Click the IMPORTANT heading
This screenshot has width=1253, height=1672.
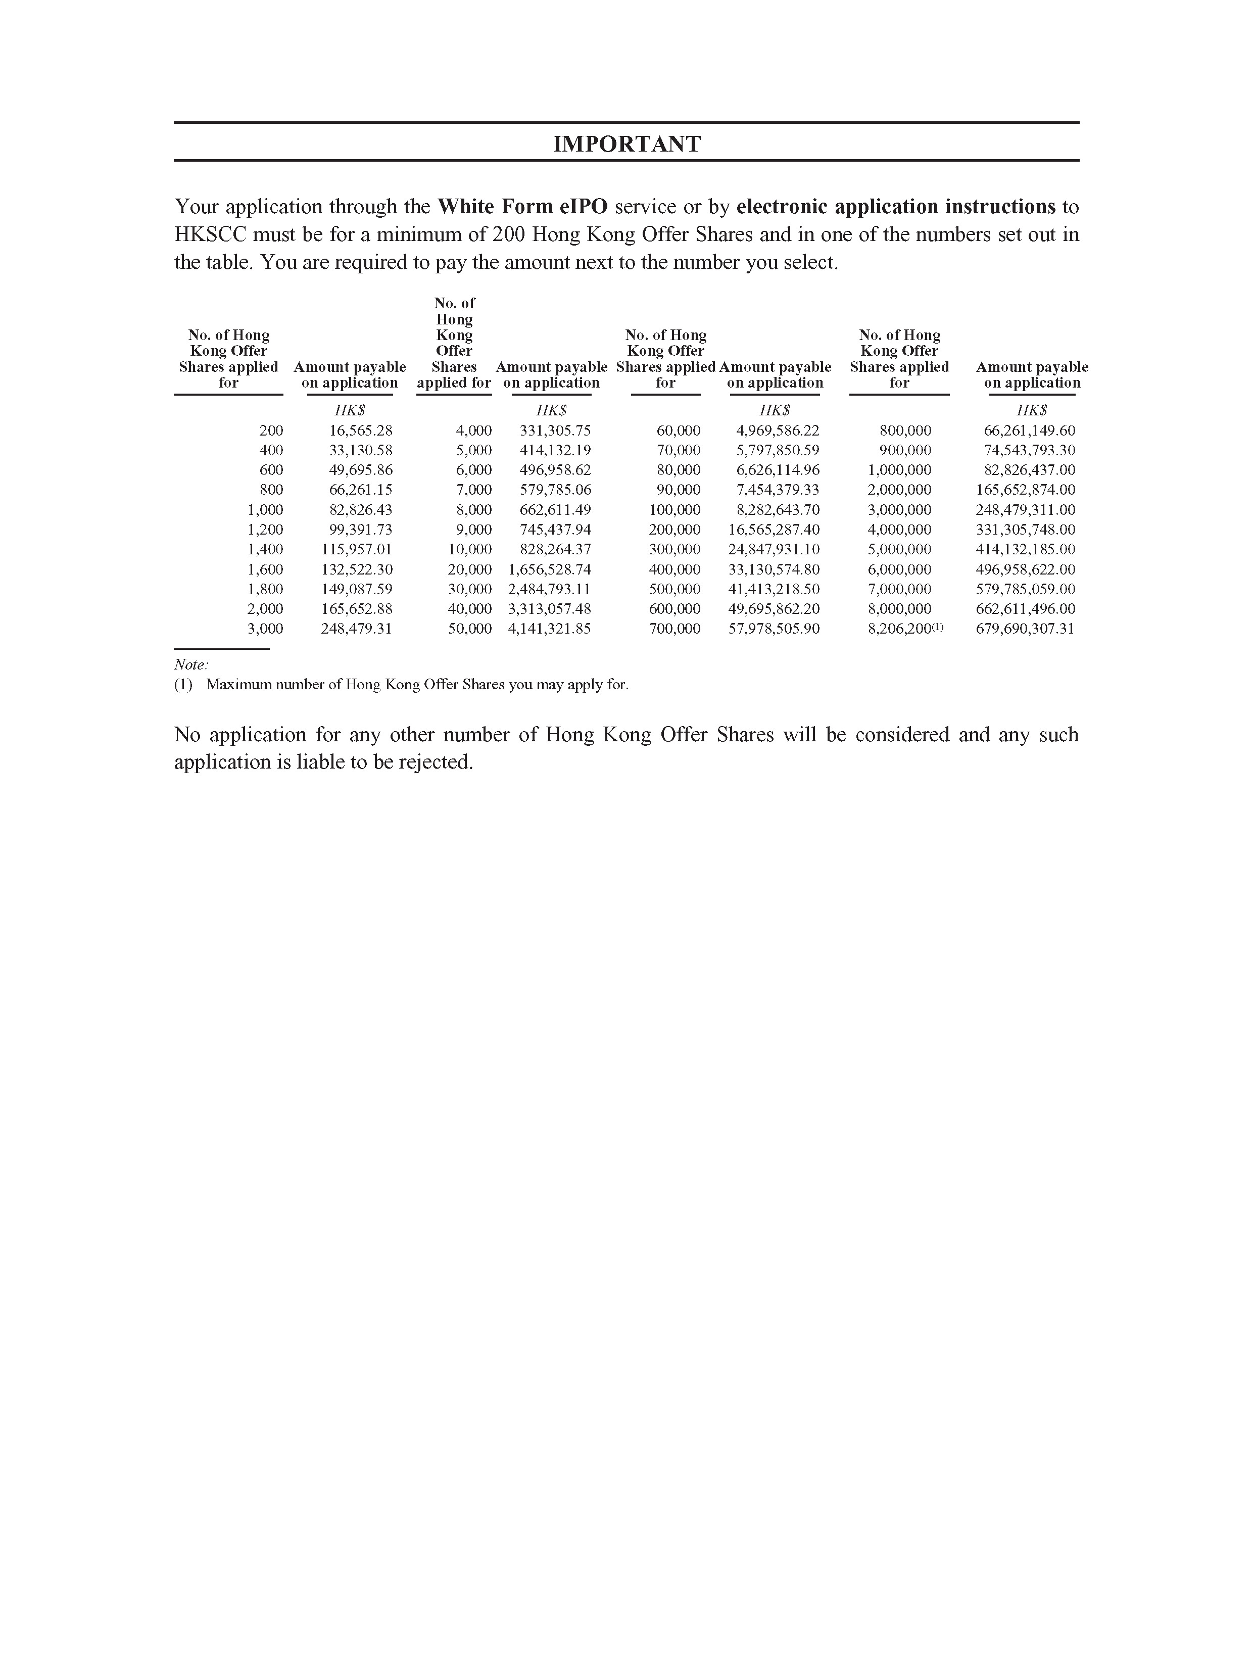point(626,144)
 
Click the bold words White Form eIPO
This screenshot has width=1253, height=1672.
point(522,206)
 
